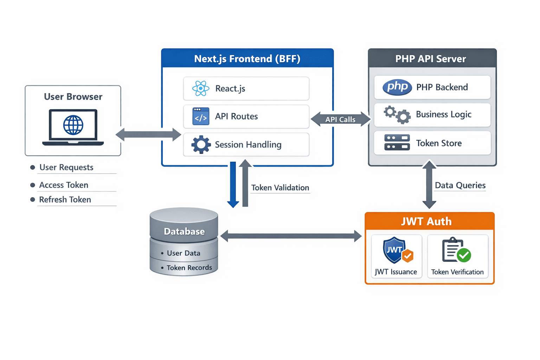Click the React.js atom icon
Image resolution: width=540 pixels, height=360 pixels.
click(201, 89)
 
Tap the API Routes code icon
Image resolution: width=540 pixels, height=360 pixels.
click(201, 116)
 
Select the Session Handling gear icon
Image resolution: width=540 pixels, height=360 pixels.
click(201, 144)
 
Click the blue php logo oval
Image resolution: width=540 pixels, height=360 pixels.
click(397, 87)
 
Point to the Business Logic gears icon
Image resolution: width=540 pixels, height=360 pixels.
click(397, 115)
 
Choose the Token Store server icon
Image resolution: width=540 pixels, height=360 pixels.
click(397, 143)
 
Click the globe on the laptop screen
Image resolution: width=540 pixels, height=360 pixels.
click(73, 125)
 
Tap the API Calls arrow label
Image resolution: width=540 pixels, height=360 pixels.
click(340, 120)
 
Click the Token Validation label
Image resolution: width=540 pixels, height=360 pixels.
click(280, 188)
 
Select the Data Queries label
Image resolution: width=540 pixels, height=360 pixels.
click(460, 185)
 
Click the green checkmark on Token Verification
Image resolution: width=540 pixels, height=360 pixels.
click(464, 255)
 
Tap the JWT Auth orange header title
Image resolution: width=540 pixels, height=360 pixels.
click(426, 221)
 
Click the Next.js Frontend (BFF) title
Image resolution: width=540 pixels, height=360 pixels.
click(247, 59)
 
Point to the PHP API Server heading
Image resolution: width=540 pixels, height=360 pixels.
click(431, 59)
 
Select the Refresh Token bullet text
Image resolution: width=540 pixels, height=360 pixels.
click(65, 200)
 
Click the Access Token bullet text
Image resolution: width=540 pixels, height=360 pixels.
click(64, 185)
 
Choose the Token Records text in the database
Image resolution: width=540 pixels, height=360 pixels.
click(189, 268)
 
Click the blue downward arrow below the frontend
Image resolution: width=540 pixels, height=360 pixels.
click(233, 185)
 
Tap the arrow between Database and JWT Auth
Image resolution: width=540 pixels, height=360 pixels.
click(291, 236)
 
